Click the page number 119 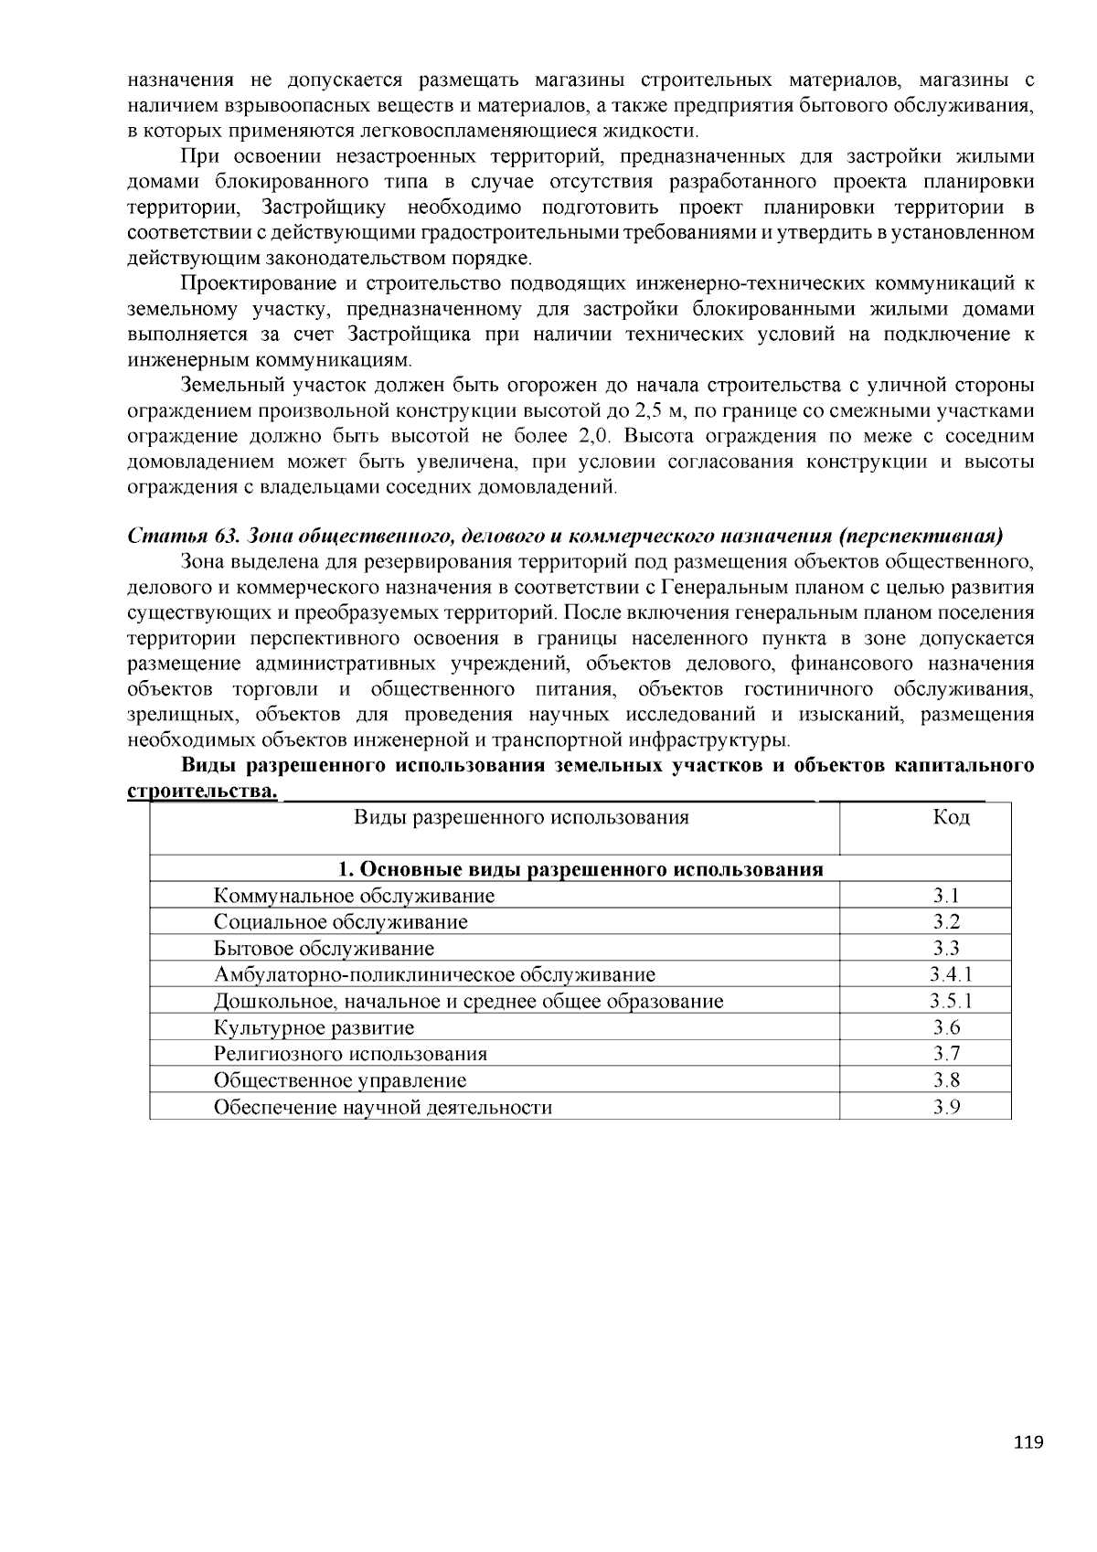(1028, 1443)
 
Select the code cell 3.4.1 (951, 975)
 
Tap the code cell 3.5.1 (951, 1002)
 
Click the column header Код (951, 817)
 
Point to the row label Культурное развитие (314, 1028)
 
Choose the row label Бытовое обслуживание (324, 949)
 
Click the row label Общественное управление (340, 1081)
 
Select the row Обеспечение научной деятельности (383, 1108)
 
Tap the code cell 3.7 (946, 1055)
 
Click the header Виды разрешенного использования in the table (521, 817)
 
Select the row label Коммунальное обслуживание (354, 896)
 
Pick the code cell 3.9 (946, 1108)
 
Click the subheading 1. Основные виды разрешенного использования (580, 869)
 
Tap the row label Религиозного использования (350, 1055)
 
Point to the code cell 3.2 (946, 922)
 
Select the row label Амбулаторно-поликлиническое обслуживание (434, 975)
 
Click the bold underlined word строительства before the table (202, 791)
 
